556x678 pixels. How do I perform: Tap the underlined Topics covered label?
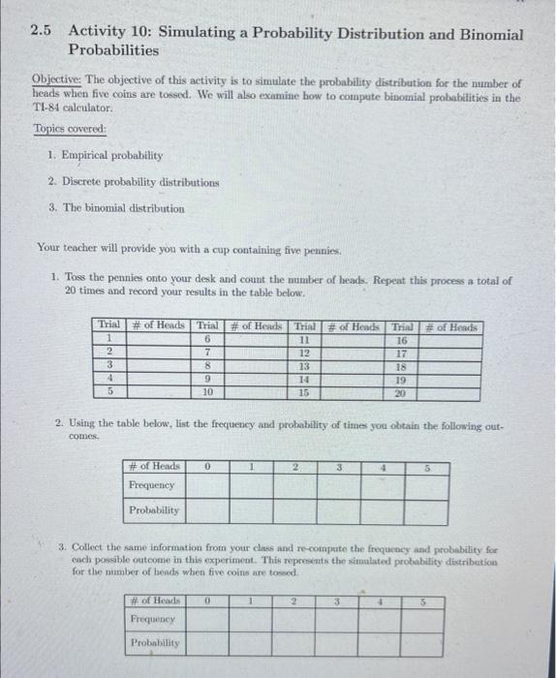pos(70,129)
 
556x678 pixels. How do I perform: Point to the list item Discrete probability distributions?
pos(126,181)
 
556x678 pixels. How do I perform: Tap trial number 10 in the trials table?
pos(206,393)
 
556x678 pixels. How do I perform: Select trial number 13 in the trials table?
pos(304,367)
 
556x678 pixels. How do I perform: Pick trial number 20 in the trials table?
pos(401,393)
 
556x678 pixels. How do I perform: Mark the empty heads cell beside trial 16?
pos(448,340)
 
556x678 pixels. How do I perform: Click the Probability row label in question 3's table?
pos(156,642)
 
